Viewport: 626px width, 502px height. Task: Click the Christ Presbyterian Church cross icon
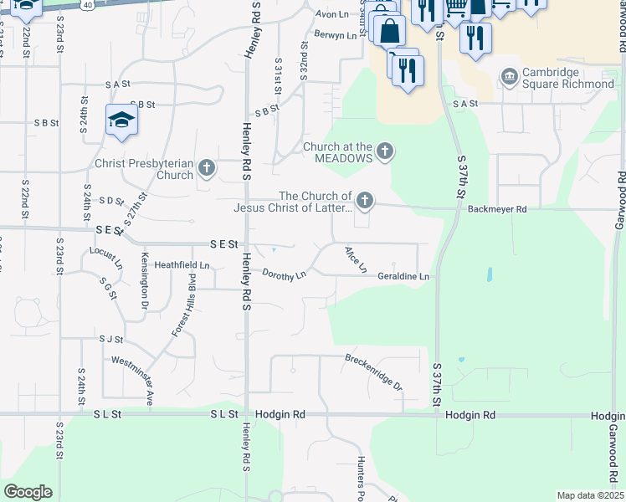207,170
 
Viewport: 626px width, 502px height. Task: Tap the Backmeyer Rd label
497,209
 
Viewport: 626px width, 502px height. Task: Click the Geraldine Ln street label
403,276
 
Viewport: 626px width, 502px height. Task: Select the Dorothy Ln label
285,274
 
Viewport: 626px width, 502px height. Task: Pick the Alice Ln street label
357,259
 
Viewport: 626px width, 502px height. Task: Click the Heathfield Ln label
181,266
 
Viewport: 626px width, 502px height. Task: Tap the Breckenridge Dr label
374,373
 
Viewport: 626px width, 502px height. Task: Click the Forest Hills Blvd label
184,305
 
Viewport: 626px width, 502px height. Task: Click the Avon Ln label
331,15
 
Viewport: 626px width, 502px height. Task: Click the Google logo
28,492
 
